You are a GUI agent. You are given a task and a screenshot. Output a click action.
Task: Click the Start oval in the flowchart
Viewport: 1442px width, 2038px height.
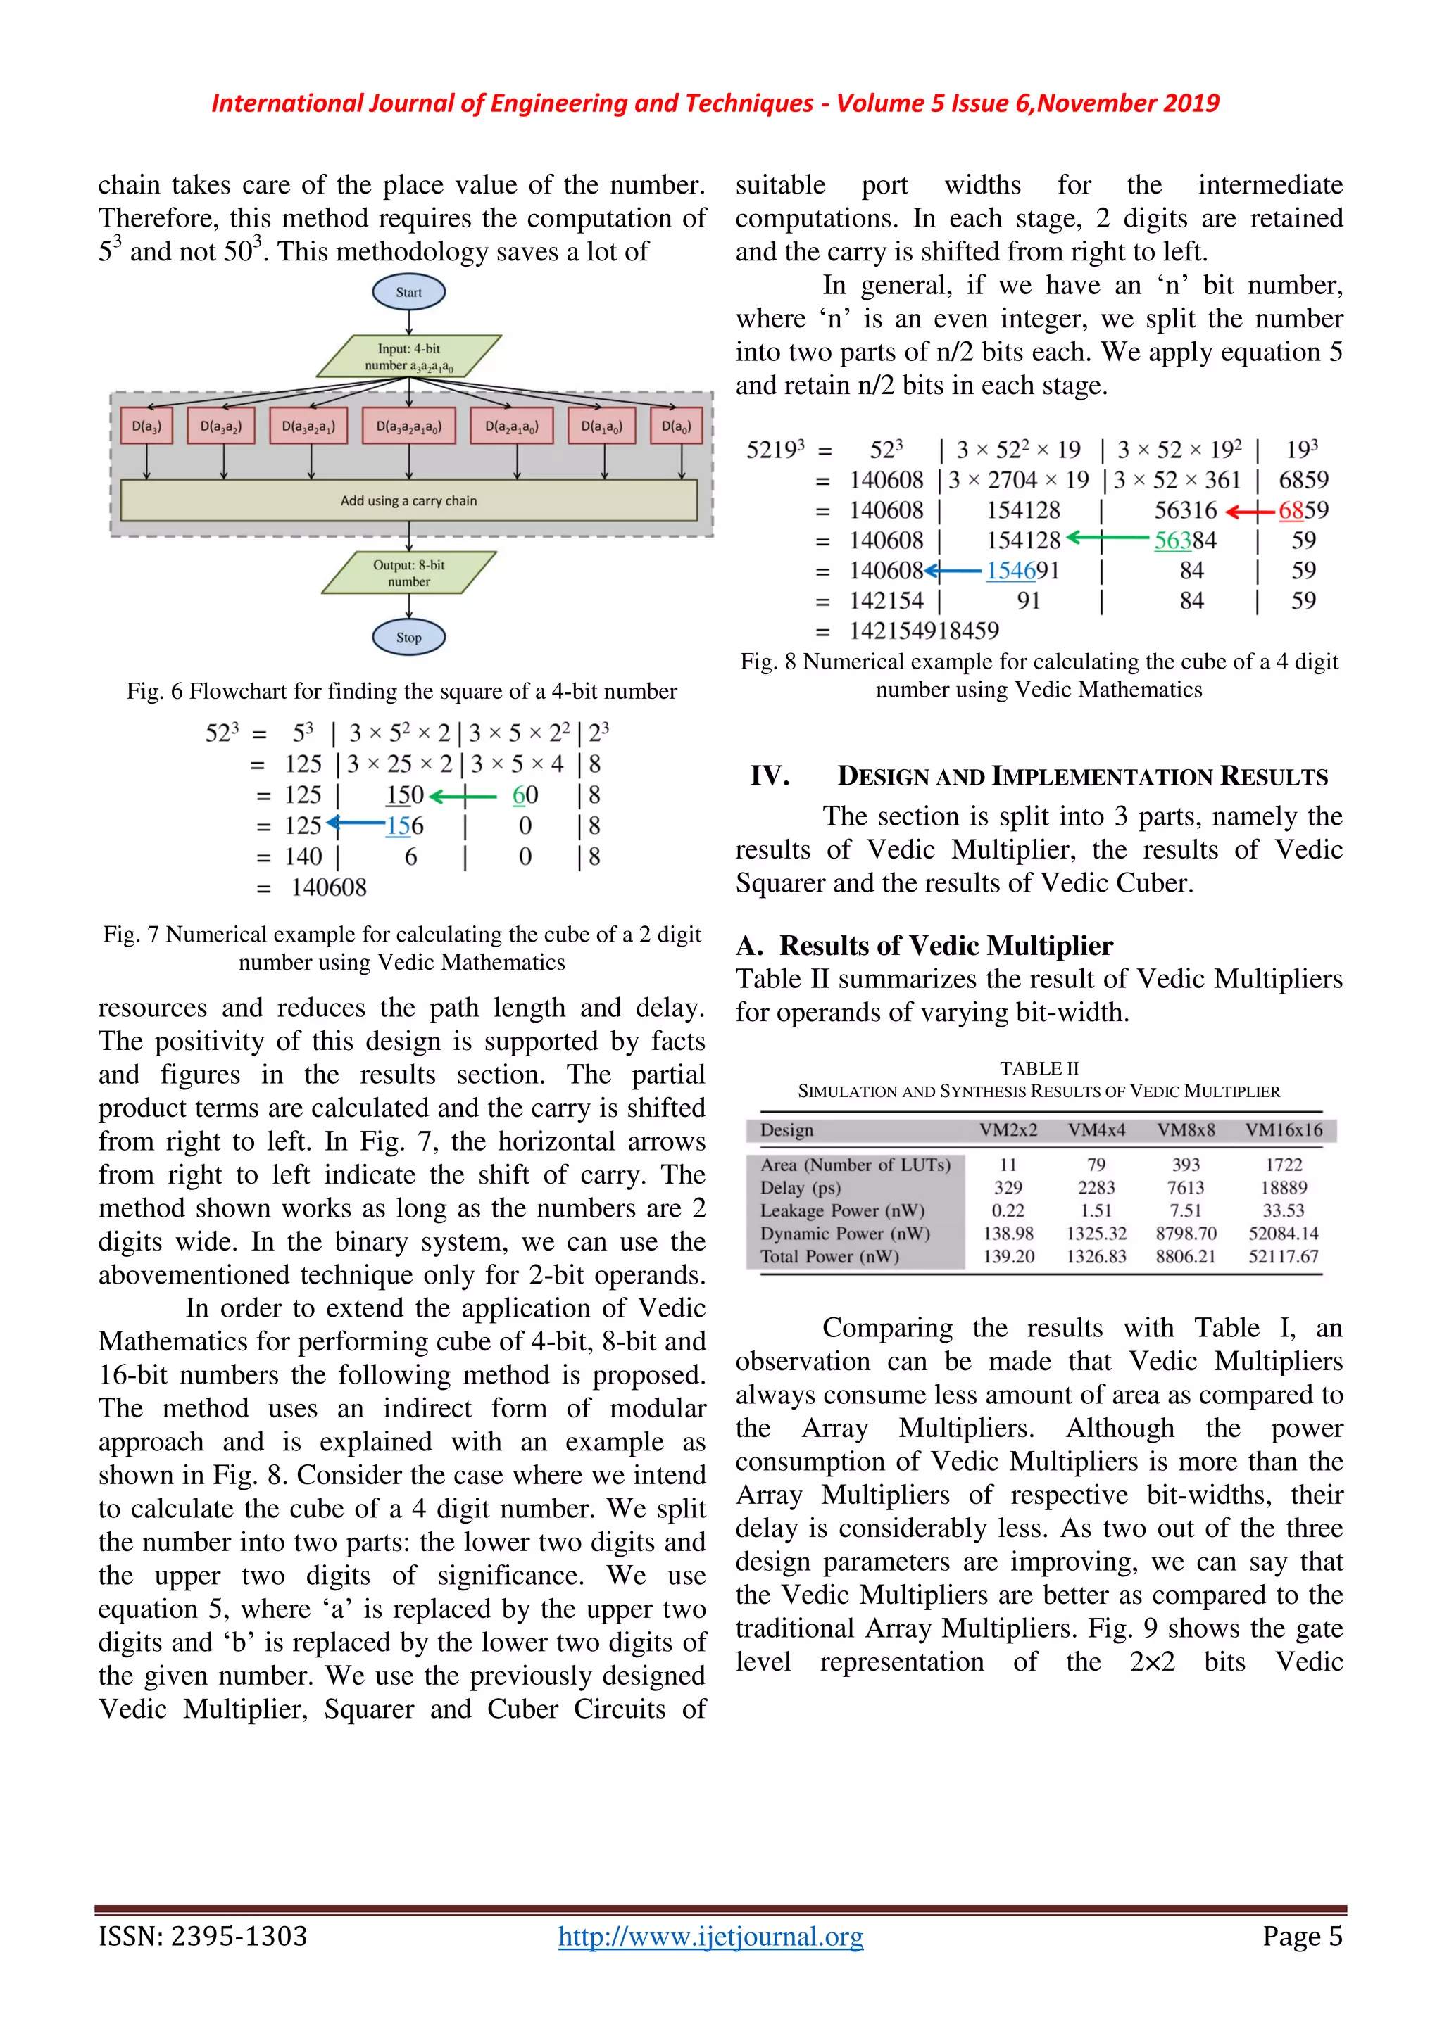tap(408, 292)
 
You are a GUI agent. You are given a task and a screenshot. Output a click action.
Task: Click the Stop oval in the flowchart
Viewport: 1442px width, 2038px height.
tap(408, 638)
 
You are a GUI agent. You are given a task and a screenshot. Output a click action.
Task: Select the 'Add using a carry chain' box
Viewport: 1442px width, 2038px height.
tap(408, 500)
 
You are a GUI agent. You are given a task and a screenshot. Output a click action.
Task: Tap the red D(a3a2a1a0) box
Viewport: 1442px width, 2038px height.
tap(408, 426)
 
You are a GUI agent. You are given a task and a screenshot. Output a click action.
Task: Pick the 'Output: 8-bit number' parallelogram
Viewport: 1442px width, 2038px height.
tap(408, 573)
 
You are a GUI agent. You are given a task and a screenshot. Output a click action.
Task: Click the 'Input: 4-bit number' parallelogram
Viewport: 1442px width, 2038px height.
tap(408, 356)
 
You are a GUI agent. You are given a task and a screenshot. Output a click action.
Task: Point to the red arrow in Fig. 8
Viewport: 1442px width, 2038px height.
tap(1250, 512)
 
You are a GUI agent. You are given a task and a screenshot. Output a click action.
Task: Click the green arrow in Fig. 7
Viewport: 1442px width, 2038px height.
tap(463, 796)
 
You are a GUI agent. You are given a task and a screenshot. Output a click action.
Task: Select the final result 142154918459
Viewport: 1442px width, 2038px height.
tap(924, 631)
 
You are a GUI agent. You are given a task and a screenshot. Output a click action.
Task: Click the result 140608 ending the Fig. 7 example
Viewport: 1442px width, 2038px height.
tap(329, 887)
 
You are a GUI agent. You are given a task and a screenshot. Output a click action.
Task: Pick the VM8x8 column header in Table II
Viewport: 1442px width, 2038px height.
tap(1186, 1130)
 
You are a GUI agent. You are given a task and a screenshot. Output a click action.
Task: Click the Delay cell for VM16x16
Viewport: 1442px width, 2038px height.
tap(1283, 1188)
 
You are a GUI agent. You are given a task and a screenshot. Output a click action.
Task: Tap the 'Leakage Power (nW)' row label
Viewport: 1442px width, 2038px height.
tap(842, 1210)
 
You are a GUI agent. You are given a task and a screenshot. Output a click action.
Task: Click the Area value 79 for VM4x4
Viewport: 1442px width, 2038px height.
tap(1096, 1165)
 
